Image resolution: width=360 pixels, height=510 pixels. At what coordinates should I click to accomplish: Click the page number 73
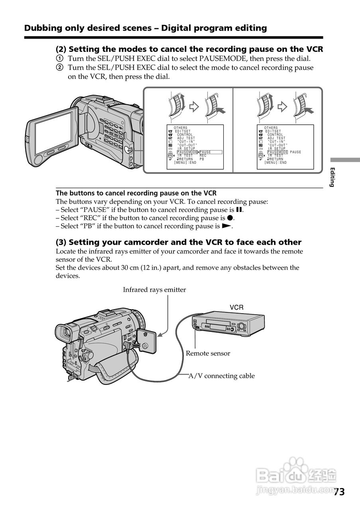[x=339, y=492]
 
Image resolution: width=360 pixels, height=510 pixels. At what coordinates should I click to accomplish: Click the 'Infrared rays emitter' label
[x=154, y=290]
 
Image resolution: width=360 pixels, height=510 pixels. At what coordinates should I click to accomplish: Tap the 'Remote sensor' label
[x=208, y=353]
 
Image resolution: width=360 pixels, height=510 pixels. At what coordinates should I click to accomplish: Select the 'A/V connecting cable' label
[x=221, y=376]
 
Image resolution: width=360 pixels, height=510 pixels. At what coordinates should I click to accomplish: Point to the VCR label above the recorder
[x=236, y=307]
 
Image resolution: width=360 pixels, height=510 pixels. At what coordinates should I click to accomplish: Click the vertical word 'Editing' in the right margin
[x=332, y=177]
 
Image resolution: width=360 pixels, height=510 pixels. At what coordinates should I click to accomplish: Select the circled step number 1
[x=59, y=59]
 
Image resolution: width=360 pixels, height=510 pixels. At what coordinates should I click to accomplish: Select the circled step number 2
[x=59, y=67]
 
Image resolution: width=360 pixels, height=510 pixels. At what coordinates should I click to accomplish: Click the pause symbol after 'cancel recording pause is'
[x=239, y=210]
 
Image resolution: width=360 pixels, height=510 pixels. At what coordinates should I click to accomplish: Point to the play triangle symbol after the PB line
[x=226, y=226]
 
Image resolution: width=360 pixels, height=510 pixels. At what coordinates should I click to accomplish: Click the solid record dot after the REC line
[x=230, y=218]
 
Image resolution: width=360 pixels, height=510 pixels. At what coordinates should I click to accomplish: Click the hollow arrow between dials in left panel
[x=194, y=106]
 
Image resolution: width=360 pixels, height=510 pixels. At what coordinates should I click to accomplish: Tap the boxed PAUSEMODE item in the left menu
[x=187, y=152]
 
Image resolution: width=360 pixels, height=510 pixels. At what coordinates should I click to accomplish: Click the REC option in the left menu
[x=203, y=155]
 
